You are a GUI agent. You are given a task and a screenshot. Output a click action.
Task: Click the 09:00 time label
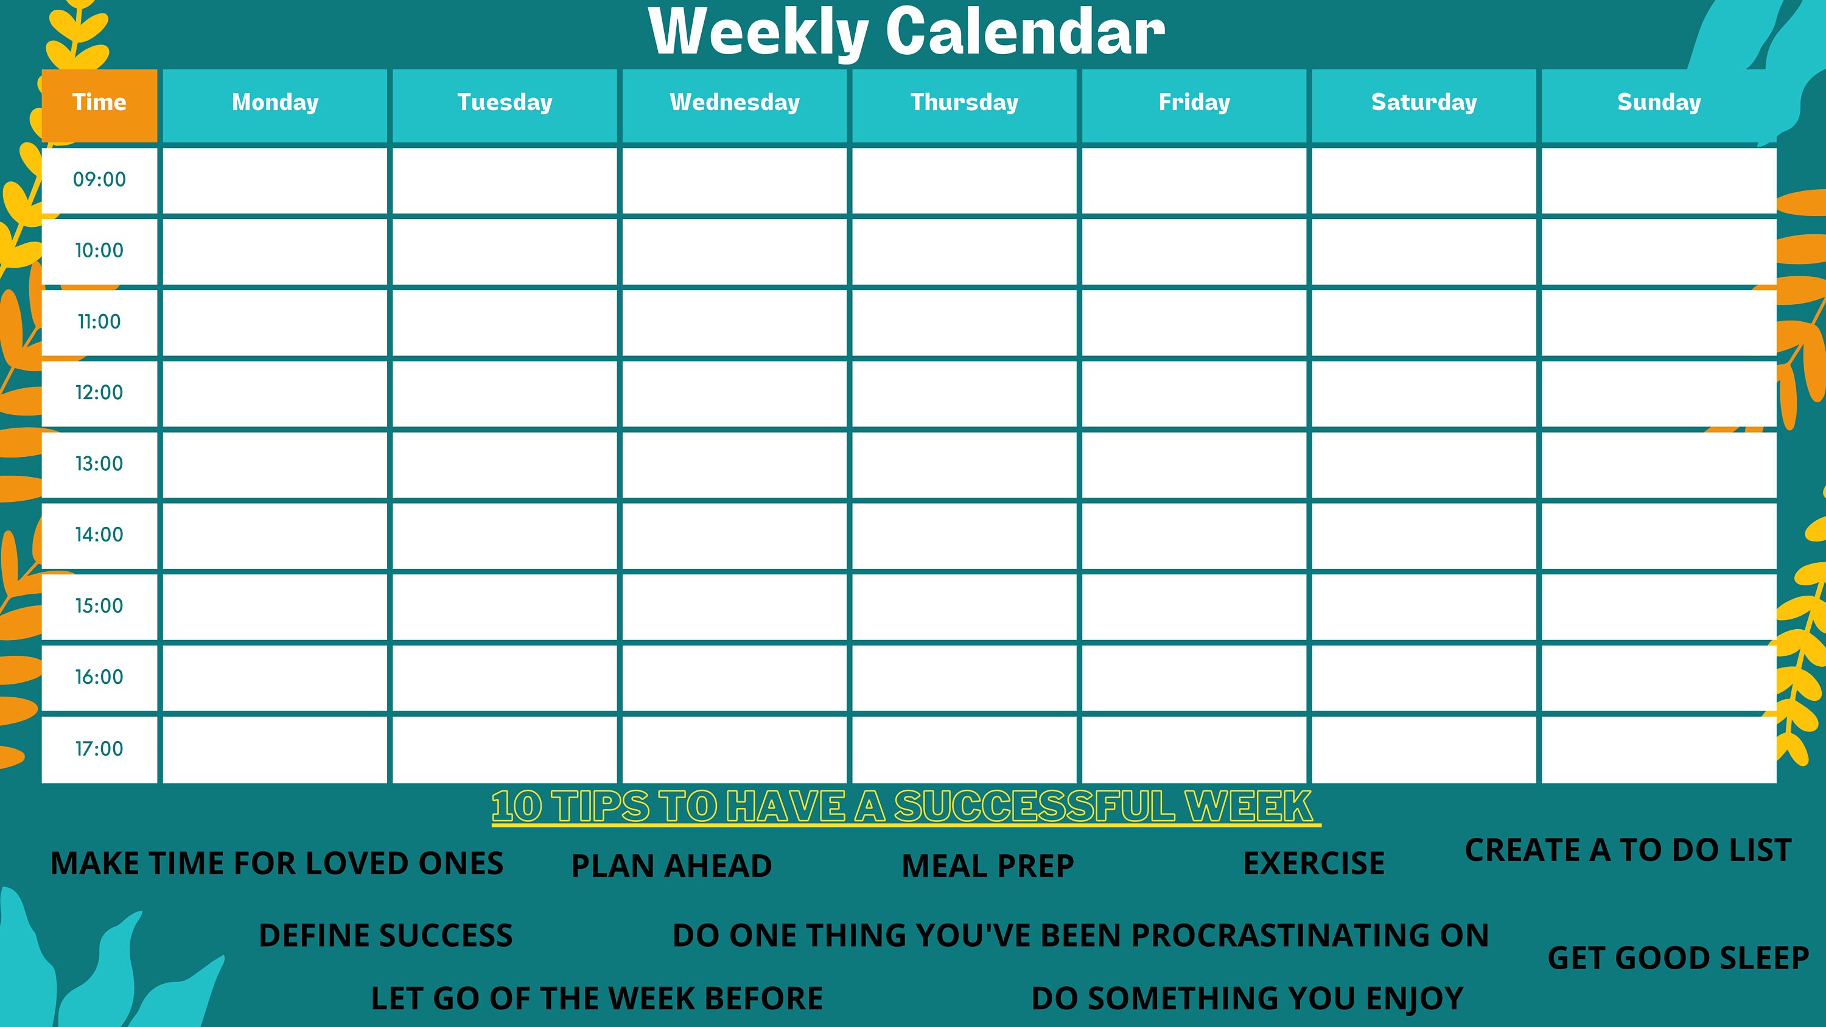99,180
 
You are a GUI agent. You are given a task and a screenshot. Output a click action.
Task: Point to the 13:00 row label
99,464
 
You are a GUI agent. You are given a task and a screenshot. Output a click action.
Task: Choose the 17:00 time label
99,749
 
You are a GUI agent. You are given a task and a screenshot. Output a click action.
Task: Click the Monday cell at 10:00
275,252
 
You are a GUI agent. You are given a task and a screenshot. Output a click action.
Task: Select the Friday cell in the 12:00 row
1194,394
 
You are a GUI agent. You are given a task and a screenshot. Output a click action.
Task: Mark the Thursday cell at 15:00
964,607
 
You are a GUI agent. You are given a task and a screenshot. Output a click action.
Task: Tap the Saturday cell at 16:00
1424,678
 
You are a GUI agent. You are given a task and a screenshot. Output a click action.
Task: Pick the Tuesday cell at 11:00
505,322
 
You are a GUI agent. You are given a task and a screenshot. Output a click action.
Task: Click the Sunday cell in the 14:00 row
1659,536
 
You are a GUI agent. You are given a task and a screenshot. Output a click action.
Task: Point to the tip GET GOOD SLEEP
1678,958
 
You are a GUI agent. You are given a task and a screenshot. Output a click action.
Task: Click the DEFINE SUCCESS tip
386,936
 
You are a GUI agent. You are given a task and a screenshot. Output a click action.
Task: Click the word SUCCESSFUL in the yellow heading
1034,807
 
